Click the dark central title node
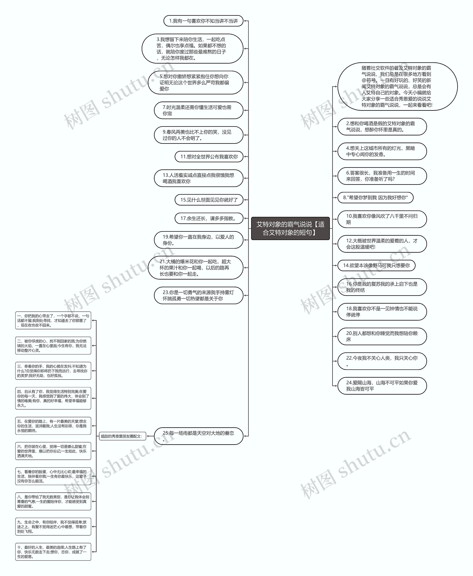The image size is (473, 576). pos(290,228)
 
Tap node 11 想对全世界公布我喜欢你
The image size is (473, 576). pos(209,157)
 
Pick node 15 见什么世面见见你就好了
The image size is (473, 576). pos(209,200)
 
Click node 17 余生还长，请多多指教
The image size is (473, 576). pos(209,218)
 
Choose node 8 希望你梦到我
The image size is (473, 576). pos(375,198)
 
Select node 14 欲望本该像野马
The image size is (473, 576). pos(376,265)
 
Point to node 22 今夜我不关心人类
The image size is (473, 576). pos(382,361)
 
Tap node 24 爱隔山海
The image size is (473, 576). pos(382,386)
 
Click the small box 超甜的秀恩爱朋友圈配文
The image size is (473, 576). pos(122,436)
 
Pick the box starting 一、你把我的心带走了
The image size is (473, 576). pos(53,320)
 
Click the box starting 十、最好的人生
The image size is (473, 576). pos(53,552)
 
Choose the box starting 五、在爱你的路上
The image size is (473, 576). pos(53,426)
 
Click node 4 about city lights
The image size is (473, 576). pos(382,151)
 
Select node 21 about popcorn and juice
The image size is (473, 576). pos(195,268)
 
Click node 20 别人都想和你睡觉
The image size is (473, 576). pos(382,337)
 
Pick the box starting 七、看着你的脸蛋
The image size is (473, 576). pos(53,476)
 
